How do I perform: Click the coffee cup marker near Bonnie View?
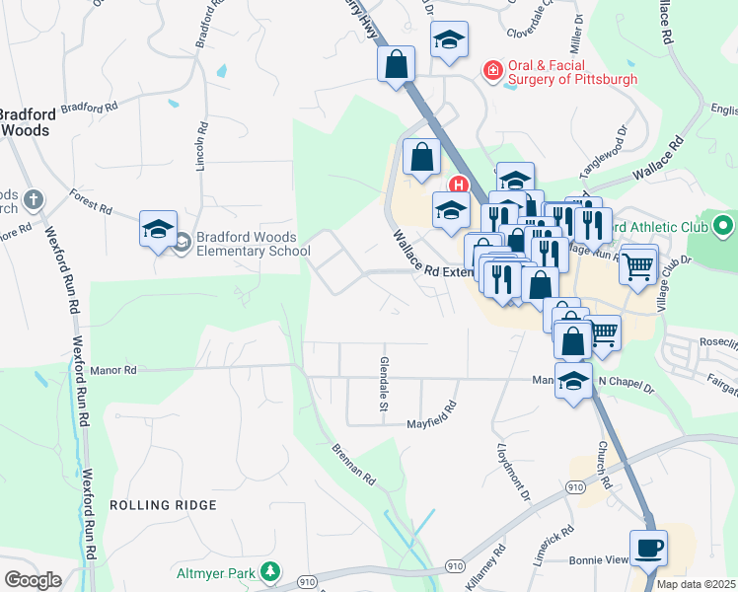pyautogui.click(x=648, y=549)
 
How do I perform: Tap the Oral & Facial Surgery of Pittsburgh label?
pyautogui.click(x=572, y=72)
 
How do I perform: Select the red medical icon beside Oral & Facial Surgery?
pyautogui.click(x=491, y=70)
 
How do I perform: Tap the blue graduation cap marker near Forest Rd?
pyautogui.click(x=158, y=230)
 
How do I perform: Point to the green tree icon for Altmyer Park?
pyautogui.click(x=268, y=571)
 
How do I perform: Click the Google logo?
pyautogui.click(x=32, y=580)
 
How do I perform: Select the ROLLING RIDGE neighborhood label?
pyautogui.click(x=163, y=505)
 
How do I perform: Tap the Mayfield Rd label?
pyautogui.click(x=432, y=415)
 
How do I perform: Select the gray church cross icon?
pyautogui.click(x=33, y=200)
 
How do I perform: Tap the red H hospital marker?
pyautogui.click(x=458, y=184)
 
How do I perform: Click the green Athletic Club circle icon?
pyautogui.click(x=724, y=226)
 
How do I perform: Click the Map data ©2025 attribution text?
pyautogui.click(x=697, y=584)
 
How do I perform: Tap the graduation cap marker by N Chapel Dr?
pyautogui.click(x=572, y=382)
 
